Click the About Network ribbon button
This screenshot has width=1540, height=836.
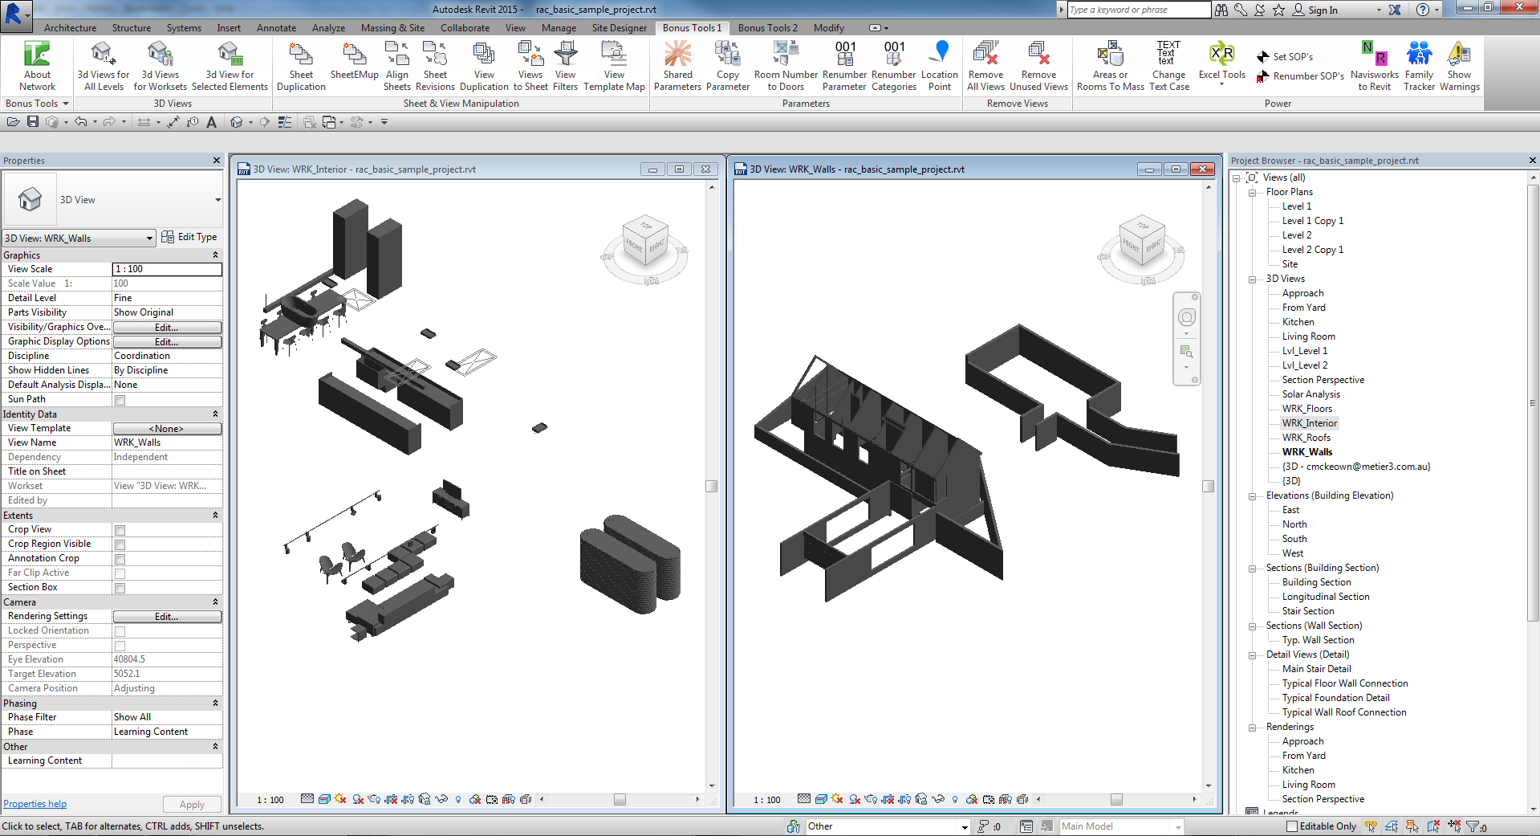click(x=37, y=66)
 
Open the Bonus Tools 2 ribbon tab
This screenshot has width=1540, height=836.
click(x=767, y=27)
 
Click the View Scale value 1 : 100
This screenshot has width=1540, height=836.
click(x=166, y=269)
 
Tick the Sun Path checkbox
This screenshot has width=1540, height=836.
click(x=120, y=400)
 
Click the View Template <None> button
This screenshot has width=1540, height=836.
click(x=166, y=429)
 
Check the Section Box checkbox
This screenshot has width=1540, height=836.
click(x=120, y=588)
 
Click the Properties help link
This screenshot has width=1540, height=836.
click(x=35, y=804)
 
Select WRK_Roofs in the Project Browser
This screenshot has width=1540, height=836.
click(x=1306, y=438)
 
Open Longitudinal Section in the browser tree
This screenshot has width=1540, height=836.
click(x=1325, y=597)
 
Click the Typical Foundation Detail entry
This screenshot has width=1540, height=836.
click(x=1335, y=698)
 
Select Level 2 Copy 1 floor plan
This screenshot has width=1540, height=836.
click(x=1312, y=250)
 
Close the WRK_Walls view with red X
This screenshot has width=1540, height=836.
click(x=1201, y=169)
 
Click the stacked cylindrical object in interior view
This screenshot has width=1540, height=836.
click(x=631, y=563)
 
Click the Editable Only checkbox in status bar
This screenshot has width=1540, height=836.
click(x=1291, y=826)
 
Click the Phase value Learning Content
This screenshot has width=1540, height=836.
click(x=166, y=732)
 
